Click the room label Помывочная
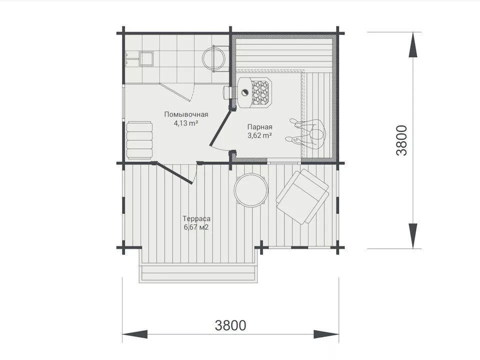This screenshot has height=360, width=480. (186, 114)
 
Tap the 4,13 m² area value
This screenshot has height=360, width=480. (185, 123)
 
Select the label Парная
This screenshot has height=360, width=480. (259, 126)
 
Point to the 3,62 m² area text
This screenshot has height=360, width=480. (259, 135)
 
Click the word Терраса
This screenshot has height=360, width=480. (196, 218)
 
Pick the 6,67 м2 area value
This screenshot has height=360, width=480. (196, 227)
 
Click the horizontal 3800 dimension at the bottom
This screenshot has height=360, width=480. (230, 325)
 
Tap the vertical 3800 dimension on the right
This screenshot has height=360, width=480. (401, 140)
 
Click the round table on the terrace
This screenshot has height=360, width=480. (251, 190)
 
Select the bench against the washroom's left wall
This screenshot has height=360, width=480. (139, 140)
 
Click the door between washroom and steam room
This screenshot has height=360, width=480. (221, 128)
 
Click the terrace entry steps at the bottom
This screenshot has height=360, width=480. (198, 273)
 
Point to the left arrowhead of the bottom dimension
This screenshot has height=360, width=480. (134, 334)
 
